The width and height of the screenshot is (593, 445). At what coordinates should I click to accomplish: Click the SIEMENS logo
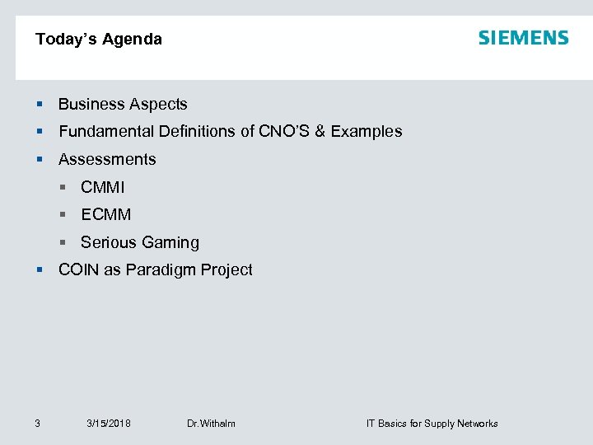(523, 38)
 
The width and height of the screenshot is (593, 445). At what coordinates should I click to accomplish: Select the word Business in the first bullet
(91, 105)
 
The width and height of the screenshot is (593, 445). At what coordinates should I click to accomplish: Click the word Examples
(367, 132)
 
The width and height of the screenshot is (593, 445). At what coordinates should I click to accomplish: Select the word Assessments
(107, 160)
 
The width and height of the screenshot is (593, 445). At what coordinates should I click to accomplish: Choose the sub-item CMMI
(103, 188)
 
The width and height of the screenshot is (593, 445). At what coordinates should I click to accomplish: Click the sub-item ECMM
(106, 215)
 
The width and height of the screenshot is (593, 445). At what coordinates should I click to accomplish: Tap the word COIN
(78, 270)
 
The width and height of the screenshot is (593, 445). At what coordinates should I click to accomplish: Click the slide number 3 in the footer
(38, 424)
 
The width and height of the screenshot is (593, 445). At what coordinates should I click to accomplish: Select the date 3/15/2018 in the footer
(109, 424)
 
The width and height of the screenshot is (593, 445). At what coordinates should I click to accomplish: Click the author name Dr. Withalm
(211, 424)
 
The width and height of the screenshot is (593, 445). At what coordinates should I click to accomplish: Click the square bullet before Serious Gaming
(63, 243)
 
